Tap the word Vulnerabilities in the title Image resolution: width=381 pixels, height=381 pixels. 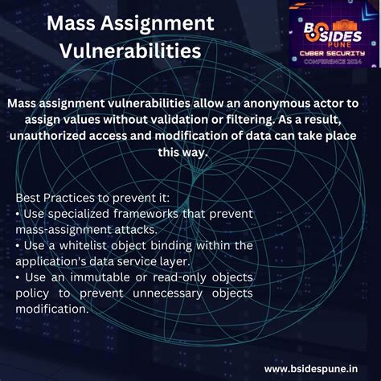coord(129,51)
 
